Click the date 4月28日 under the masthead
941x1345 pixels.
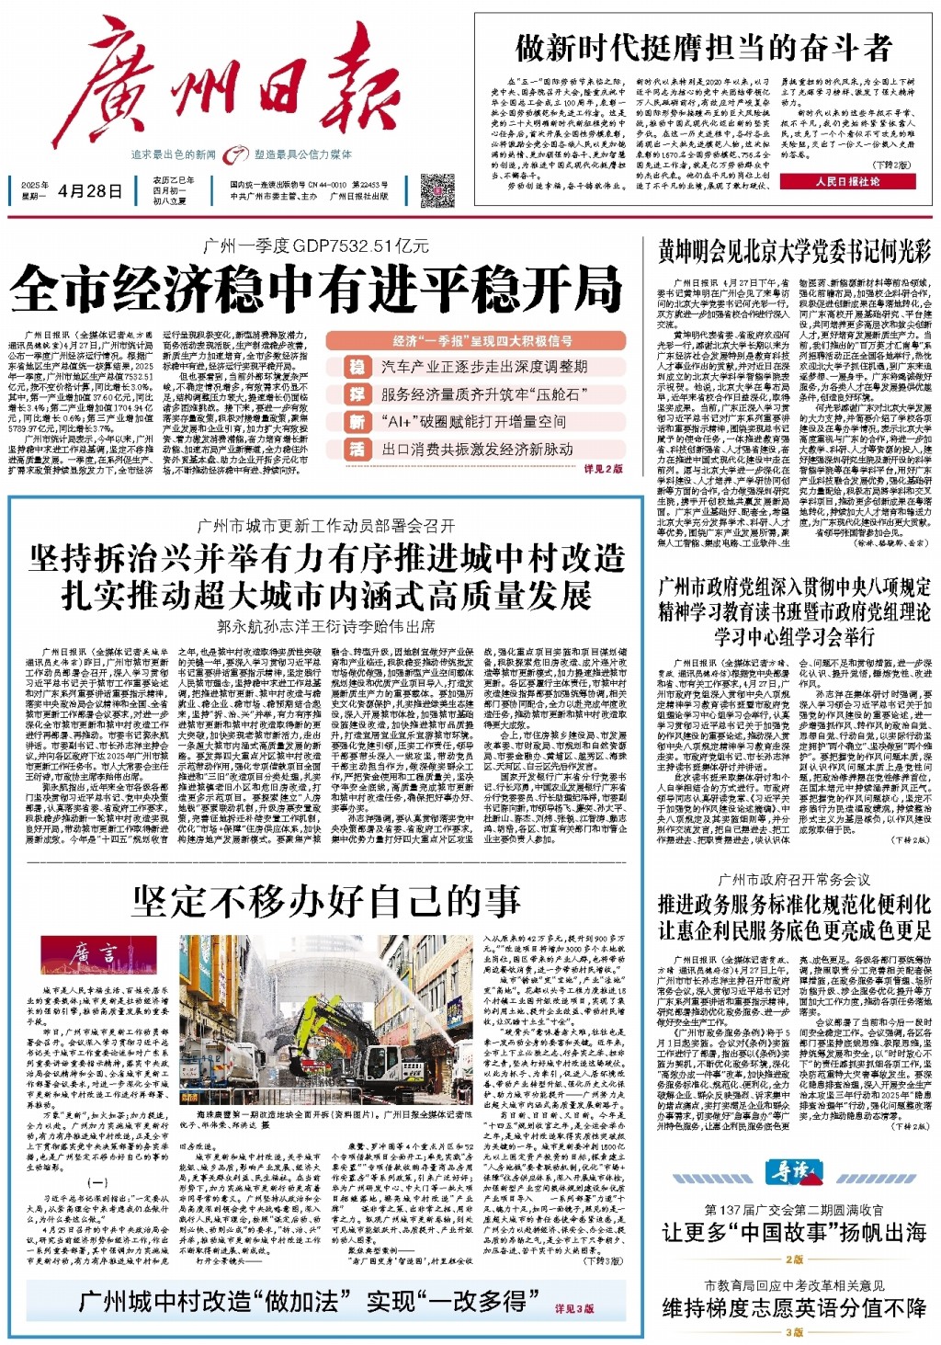[x=90, y=191]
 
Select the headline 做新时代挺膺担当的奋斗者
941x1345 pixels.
[x=703, y=47]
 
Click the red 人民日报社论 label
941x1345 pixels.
[x=846, y=182]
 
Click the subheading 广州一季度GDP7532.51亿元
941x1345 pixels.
[x=316, y=245]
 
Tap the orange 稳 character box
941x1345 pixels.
[x=357, y=367]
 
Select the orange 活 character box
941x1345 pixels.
[x=357, y=449]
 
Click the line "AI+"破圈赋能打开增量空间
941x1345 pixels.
[x=473, y=422]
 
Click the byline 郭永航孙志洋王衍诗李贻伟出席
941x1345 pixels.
[x=326, y=626]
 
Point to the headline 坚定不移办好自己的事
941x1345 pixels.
[x=326, y=901]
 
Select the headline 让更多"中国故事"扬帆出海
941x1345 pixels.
[x=794, y=1233]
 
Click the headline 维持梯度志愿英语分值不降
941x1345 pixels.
[x=794, y=1307]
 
